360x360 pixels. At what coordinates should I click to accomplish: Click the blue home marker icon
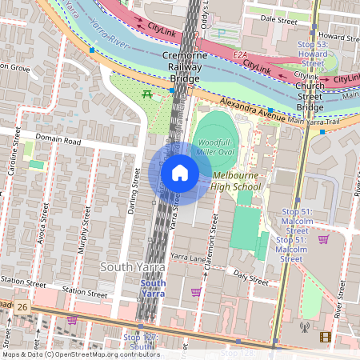tap(179, 172)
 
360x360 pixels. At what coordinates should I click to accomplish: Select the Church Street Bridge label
tap(309, 96)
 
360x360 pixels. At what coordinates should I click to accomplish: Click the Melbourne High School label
tap(235, 181)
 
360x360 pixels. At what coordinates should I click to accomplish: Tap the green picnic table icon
tap(147, 94)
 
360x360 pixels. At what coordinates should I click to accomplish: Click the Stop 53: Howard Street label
tap(311, 53)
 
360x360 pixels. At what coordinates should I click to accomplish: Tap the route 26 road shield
tap(22, 306)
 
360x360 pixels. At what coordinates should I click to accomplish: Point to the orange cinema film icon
tap(325, 337)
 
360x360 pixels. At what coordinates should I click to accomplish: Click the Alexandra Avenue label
tap(254, 112)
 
